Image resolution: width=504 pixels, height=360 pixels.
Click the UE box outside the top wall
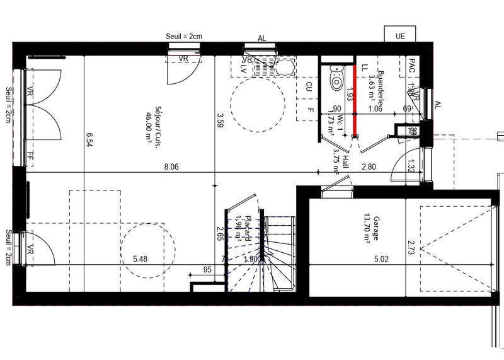tap(400, 36)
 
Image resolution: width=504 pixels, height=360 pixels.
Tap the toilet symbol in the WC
tap(337, 79)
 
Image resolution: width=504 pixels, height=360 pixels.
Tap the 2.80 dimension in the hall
tap(369, 167)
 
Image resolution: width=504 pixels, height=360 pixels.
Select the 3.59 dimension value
tap(220, 120)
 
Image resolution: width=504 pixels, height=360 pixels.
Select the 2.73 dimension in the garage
tap(410, 247)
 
